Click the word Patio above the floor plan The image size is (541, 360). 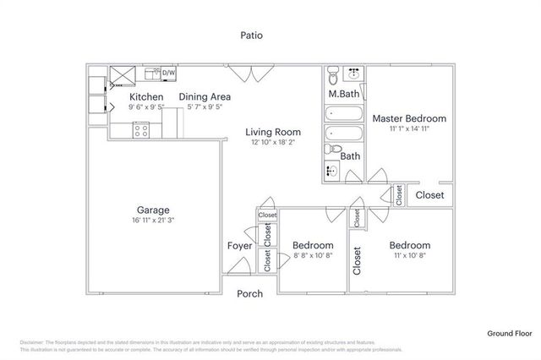(x=251, y=35)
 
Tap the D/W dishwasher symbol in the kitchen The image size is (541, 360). (x=168, y=74)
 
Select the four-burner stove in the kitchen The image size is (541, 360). (x=141, y=130)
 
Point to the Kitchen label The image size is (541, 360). (x=145, y=97)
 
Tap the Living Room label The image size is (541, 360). (x=273, y=132)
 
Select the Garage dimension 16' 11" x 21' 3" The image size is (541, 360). (x=154, y=221)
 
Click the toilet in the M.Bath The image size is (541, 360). (x=334, y=73)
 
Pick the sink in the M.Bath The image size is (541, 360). (x=355, y=74)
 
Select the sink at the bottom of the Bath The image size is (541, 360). (x=333, y=172)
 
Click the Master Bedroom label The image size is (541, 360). (x=409, y=119)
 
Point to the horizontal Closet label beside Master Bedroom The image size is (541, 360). (x=429, y=195)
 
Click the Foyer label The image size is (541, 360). (x=239, y=246)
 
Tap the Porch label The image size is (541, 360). (x=249, y=294)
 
